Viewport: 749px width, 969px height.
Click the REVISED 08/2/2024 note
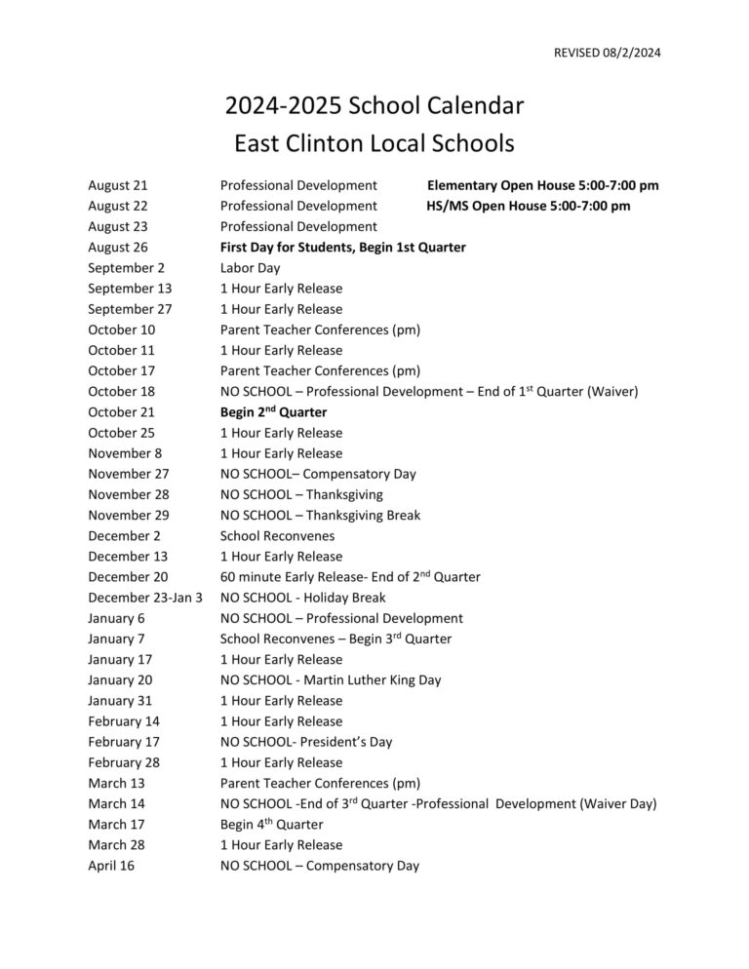coord(607,53)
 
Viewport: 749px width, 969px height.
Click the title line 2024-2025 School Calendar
coord(374,104)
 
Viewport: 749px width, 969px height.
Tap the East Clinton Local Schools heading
coord(374,144)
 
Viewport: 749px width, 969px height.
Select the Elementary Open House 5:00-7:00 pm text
coord(543,185)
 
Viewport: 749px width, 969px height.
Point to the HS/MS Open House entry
coord(528,206)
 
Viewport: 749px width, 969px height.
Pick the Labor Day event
coord(250,268)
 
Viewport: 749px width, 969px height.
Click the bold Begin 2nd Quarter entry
coord(273,412)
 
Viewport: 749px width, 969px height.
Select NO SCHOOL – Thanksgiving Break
coord(320,515)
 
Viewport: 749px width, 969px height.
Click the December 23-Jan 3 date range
coord(145,598)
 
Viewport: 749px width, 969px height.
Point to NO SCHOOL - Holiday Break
coord(302,598)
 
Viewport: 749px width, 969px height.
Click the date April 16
coord(111,866)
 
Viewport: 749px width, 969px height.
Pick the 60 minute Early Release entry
coord(350,577)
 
